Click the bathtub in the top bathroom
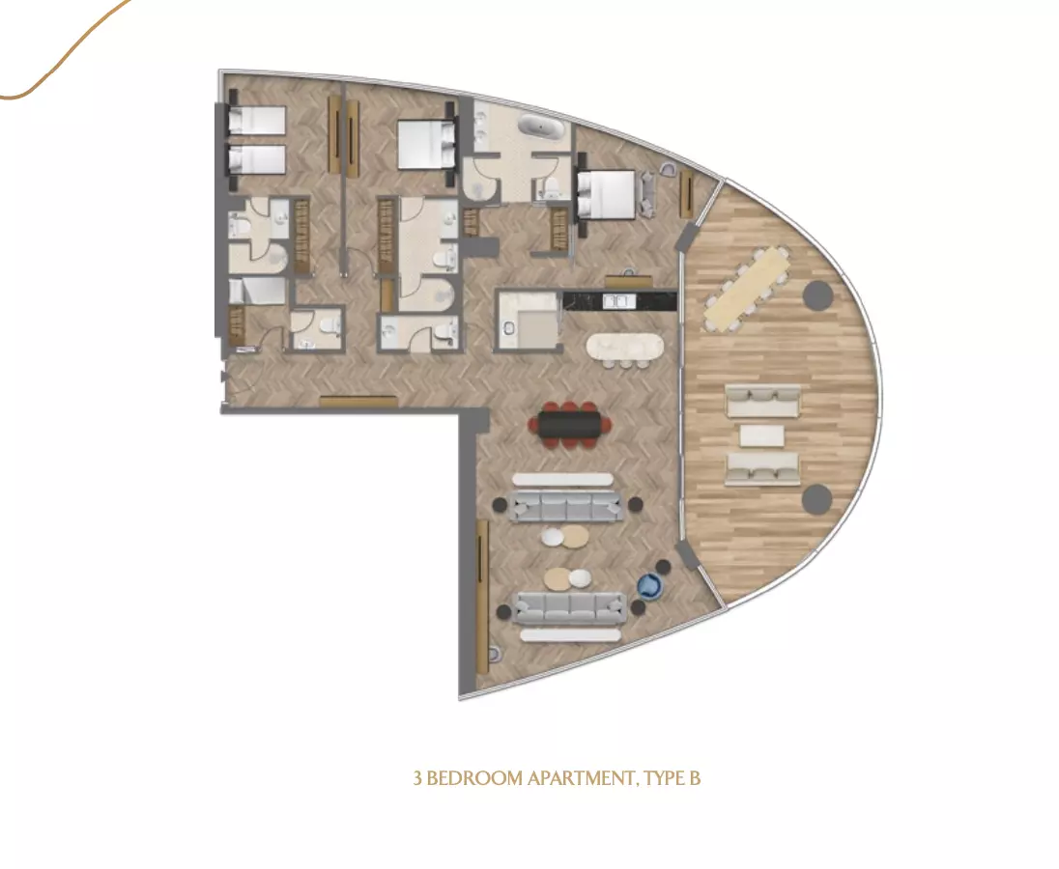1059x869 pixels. [x=539, y=126]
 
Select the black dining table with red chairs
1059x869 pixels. [x=571, y=425]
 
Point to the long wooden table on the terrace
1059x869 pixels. [x=747, y=289]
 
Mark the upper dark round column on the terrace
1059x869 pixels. [x=817, y=294]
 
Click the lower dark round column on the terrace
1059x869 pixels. [x=817, y=498]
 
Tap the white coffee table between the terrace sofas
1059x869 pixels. [x=761, y=435]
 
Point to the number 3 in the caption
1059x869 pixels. [x=417, y=778]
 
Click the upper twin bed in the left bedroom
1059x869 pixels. [x=256, y=121]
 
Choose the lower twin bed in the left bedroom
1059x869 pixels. [x=256, y=160]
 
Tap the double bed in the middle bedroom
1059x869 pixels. [x=425, y=145]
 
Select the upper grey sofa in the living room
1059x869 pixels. [x=566, y=506]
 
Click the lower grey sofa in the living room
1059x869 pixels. [x=570, y=608]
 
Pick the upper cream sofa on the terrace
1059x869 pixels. [x=763, y=401]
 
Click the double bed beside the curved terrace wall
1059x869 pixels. [x=606, y=195]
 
